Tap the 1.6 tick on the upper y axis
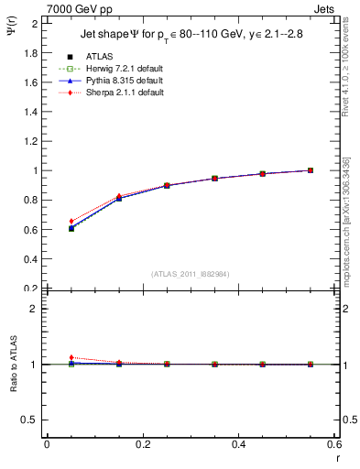coord(32,82)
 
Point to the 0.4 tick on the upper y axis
coord(32,259)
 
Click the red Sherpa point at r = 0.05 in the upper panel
coord(71,221)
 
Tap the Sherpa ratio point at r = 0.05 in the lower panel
coord(71,357)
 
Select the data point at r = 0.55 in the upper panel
coord(311,170)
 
